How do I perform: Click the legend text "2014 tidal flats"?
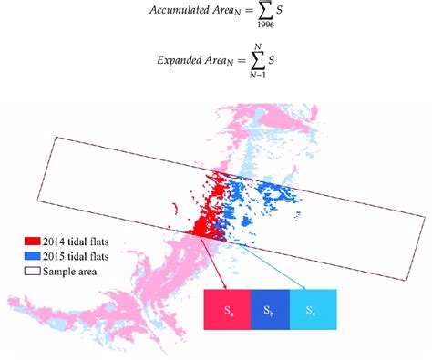pos(82,243)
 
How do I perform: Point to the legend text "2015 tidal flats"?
pos(82,257)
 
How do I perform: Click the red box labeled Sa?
pos(228,310)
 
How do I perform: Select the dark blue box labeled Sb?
pos(270,310)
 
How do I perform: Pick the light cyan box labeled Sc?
pos(313,310)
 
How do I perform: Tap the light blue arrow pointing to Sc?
pos(264,264)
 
